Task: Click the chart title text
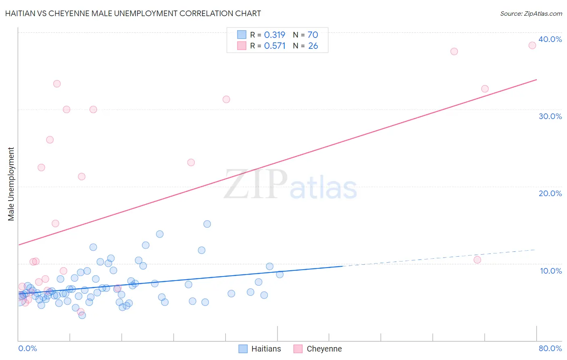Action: click(133, 13)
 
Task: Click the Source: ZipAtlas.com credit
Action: click(531, 13)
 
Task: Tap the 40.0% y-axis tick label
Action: click(550, 39)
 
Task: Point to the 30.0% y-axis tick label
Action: click(550, 116)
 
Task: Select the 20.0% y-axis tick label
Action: click(550, 193)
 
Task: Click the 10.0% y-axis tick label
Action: click(550, 271)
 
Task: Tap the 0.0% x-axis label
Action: click(27, 348)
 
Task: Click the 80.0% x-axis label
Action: click(550, 348)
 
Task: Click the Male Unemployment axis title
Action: click(11, 184)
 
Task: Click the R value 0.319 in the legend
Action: click(275, 35)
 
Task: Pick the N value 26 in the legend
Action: click(313, 46)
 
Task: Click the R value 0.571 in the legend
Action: click(275, 46)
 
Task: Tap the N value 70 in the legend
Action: click(313, 35)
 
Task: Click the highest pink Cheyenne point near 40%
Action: click(532, 45)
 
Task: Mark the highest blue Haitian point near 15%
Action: click(207, 224)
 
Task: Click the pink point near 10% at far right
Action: click(477, 260)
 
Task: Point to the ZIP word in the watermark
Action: click(255, 184)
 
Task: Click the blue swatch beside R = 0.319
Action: click(242, 35)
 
